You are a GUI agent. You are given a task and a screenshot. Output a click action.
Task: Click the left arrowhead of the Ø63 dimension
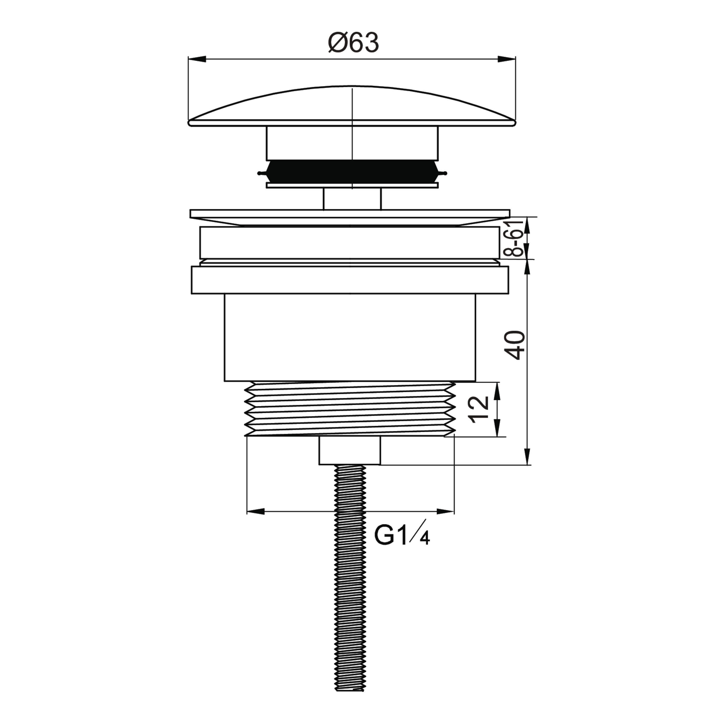197,59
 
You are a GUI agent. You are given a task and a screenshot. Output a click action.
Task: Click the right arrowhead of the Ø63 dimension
507,59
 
